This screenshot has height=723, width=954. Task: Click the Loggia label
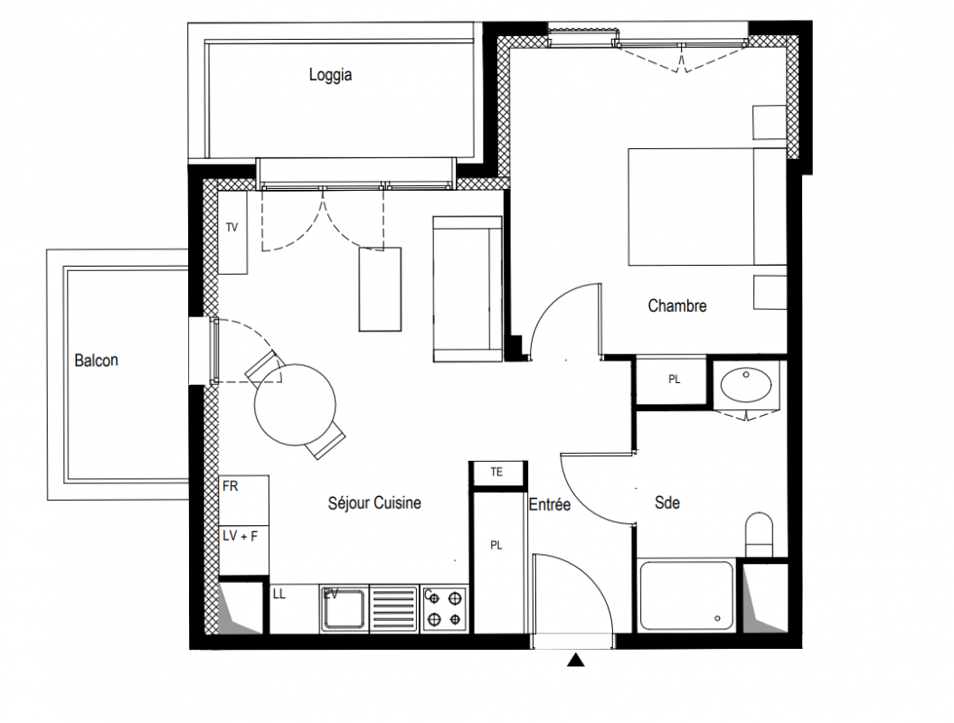[330, 75]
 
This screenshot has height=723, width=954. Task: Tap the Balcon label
[96, 360]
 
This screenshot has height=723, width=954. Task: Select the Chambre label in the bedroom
[677, 305]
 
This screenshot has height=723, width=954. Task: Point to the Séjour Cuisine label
[374, 502]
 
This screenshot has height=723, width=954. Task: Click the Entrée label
[550, 504]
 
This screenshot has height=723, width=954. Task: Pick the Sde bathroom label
[666, 502]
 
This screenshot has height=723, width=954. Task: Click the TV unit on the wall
[232, 232]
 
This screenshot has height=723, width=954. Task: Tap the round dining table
[295, 404]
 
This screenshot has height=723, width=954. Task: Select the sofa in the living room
[468, 289]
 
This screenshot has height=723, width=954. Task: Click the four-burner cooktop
[445, 609]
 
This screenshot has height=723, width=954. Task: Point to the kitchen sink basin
[344, 609]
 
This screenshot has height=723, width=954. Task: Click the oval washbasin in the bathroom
[746, 384]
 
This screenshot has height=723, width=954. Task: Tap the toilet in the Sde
[759, 534]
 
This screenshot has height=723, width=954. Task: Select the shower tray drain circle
[718, 619]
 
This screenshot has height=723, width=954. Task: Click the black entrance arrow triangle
[575, 660]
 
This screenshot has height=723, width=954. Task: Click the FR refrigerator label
[230, 486]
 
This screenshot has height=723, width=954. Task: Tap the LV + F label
[240, 536]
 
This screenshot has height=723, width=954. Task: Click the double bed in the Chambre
[707, 207]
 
